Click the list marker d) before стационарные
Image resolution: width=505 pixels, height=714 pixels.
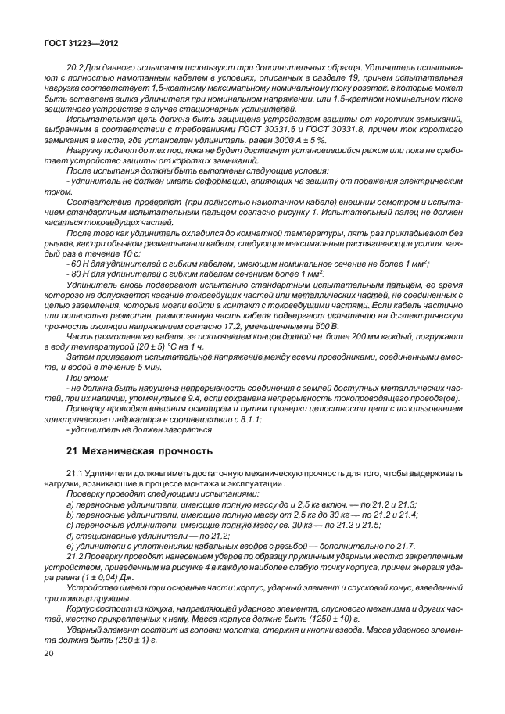coord(71,535)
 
